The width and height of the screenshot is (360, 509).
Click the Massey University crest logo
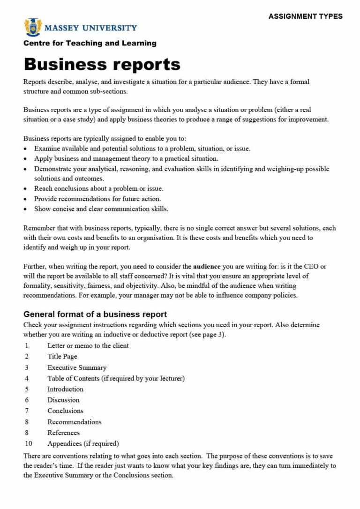pos(32,27)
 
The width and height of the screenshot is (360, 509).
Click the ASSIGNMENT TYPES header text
pos(305,16)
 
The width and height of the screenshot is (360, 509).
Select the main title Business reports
pos(102,64)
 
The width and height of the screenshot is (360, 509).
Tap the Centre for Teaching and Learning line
pos(90,43)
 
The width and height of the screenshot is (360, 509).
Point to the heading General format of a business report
pos(95,314)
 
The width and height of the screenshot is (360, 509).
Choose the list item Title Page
pos(62,356)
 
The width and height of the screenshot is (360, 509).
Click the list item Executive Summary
pos(77,367)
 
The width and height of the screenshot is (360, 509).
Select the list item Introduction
pos(65,389)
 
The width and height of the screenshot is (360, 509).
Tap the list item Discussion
pos(63,400)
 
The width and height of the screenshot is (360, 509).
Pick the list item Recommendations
pos(74,422)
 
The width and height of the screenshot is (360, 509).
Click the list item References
pos(63,433)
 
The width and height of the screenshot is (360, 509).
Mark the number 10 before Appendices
pos(29,443)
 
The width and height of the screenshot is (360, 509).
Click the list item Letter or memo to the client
pos(88,345)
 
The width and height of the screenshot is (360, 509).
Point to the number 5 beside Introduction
pos(27,389)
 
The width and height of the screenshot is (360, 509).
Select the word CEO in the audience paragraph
pos(311,266)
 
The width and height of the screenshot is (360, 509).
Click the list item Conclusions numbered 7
pos(65,411)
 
